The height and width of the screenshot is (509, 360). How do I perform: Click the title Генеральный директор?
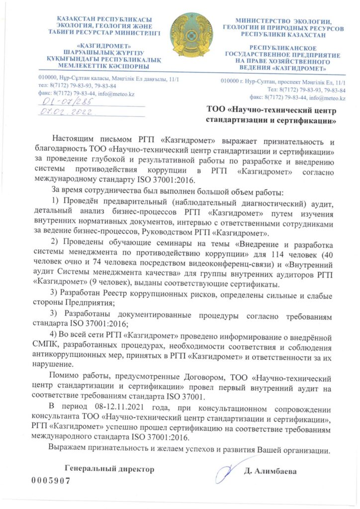pyautogui.click(x=109, y=468)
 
